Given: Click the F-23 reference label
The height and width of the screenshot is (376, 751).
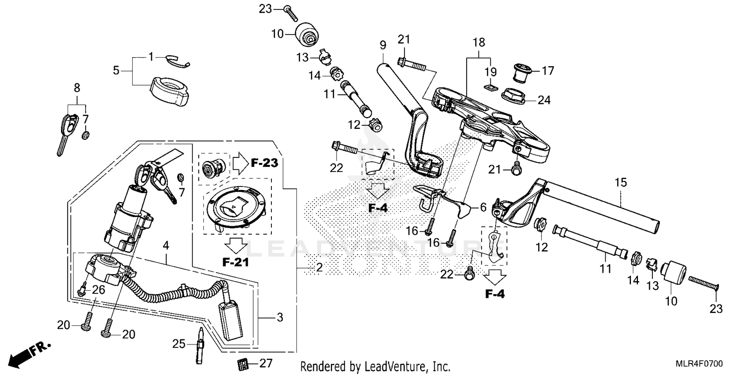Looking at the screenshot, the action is pos(264,163).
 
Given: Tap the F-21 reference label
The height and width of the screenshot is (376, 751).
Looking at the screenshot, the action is pos(236,262).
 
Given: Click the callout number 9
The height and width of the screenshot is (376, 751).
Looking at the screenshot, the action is pos(383,45).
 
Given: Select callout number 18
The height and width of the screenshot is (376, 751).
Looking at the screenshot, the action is pos(479,43).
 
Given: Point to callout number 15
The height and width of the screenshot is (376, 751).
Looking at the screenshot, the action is pos(621,183).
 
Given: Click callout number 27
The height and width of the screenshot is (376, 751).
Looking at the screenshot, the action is pos(266,363).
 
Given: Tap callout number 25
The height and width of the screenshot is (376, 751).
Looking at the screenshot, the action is pos(179,344).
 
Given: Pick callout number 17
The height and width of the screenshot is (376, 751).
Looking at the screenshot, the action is pos(548,71).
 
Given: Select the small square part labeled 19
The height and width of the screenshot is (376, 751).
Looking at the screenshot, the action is pos(490,88).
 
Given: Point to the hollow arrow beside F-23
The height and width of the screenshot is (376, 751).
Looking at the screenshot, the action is pos(241,163).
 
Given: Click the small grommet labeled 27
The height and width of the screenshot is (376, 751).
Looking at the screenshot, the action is pos(243,364).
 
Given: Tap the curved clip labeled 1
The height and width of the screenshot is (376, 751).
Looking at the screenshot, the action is pos(178,61).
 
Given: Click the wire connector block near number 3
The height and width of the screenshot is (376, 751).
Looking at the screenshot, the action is pos(230,321).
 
